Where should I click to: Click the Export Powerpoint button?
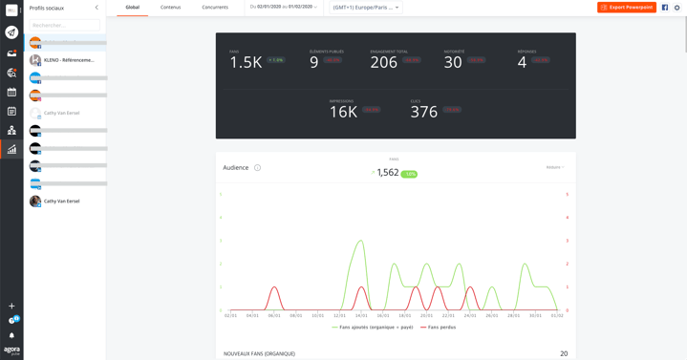click(627, 8)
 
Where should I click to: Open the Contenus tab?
click(170, 8)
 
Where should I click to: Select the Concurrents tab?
click(215, 8)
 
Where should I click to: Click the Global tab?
click(132, 8)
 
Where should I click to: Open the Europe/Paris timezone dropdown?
click(366, 8)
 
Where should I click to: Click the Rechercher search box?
click(65, 25)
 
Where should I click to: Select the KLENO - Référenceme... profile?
click(69, 60)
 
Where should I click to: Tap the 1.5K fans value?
click(246, 63)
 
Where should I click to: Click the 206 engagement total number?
click(383, 63)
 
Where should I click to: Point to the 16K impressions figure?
click(343, 113)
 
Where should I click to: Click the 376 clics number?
click(423, 113)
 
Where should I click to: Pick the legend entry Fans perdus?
click(441, 328)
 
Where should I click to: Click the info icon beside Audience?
click(257, 168)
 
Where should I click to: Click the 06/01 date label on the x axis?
click(274, 315)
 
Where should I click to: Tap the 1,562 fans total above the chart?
click(387, 173)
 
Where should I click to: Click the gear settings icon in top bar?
click(677, 8)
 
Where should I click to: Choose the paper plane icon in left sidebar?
click(11, 32)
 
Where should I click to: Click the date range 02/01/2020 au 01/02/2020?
click(284, 7)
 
